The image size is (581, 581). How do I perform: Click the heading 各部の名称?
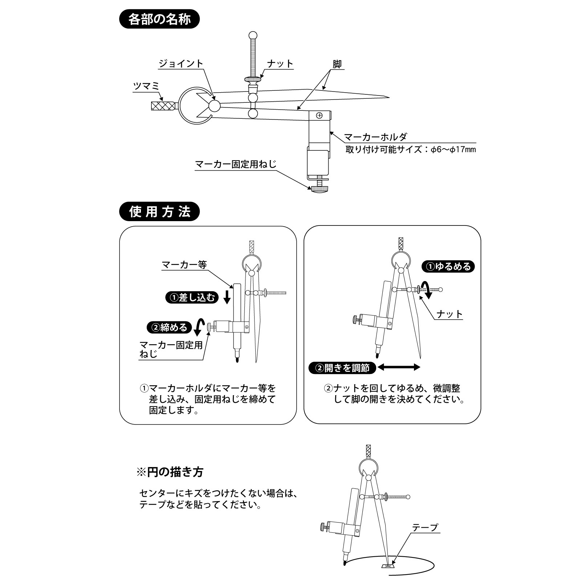point(159,20)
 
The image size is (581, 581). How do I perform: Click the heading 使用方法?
point(159,212)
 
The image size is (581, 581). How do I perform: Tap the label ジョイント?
point(180,64)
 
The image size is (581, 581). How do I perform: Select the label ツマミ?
point(147,86)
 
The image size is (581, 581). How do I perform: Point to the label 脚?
point(337,64)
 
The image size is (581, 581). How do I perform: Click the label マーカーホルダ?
point(375,137)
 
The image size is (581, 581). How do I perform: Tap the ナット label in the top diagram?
point(280,64)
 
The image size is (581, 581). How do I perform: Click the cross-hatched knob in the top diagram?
point(163,106)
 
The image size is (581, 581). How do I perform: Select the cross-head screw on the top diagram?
point(319,115)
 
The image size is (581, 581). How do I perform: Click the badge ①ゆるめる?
point(448,267)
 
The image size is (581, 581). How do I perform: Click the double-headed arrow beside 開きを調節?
point(398,367)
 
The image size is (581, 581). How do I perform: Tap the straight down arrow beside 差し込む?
point(227,296)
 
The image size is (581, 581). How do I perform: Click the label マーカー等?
point(184,265)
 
